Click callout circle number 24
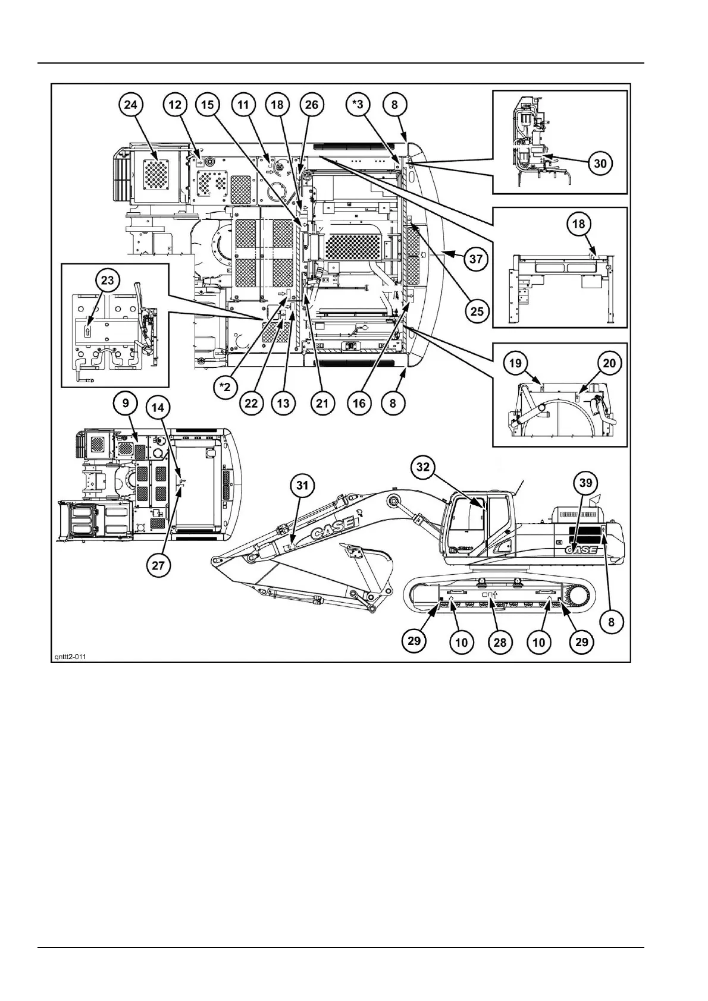coord(130,105)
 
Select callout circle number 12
coord(175,105)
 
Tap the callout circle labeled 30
coord(601,163)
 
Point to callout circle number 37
coord(476,259)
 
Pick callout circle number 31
coord(302,486)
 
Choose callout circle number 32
coord(422,467)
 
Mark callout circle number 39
coord(586,482)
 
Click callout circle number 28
coord(500,641)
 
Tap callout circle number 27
coord(158,565)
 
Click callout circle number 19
coord(515,363)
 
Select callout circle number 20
coord(609,363)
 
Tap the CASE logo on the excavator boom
coord(333,526)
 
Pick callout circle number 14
coord(158,408)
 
